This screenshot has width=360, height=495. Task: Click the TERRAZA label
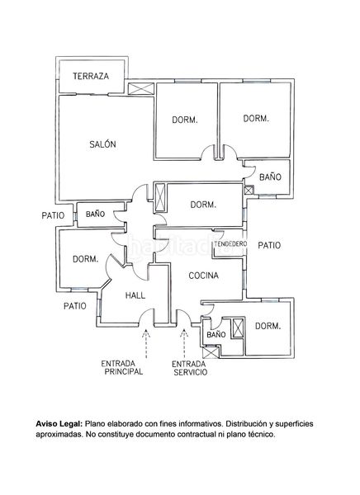(x=91, y=76)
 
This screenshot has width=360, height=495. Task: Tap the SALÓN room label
(x=102, y=144)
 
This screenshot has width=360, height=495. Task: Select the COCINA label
(x=204, y=276)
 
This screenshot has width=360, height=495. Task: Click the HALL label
(x=135, y=295)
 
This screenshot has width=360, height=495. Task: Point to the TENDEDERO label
(x=230, y=244)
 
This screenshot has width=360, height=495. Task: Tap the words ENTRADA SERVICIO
(x=190, y=368)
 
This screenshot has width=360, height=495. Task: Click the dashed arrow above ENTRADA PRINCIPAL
(x=146, y=343)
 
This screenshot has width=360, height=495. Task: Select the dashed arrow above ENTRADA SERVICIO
(x=184, y=343)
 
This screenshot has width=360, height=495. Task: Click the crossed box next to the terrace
(x=141, y=89)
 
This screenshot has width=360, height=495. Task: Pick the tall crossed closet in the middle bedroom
(x=160, y=197)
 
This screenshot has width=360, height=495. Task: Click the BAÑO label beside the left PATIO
(x=95, y=214)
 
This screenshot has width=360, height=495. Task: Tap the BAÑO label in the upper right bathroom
(x=270, y=177)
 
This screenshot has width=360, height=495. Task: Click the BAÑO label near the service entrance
(x=216, y=334)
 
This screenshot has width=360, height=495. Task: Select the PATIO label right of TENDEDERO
(x=269, y=245)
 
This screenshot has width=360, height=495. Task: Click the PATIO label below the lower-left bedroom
(x=75, y=306)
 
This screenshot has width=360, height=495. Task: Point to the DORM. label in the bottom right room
(x=268, y=326)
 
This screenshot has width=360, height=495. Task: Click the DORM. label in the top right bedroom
(x=256, y=118)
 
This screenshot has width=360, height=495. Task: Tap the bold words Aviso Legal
(x=59, y=424)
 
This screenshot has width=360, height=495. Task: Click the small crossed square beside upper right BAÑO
(x=249, y=190)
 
